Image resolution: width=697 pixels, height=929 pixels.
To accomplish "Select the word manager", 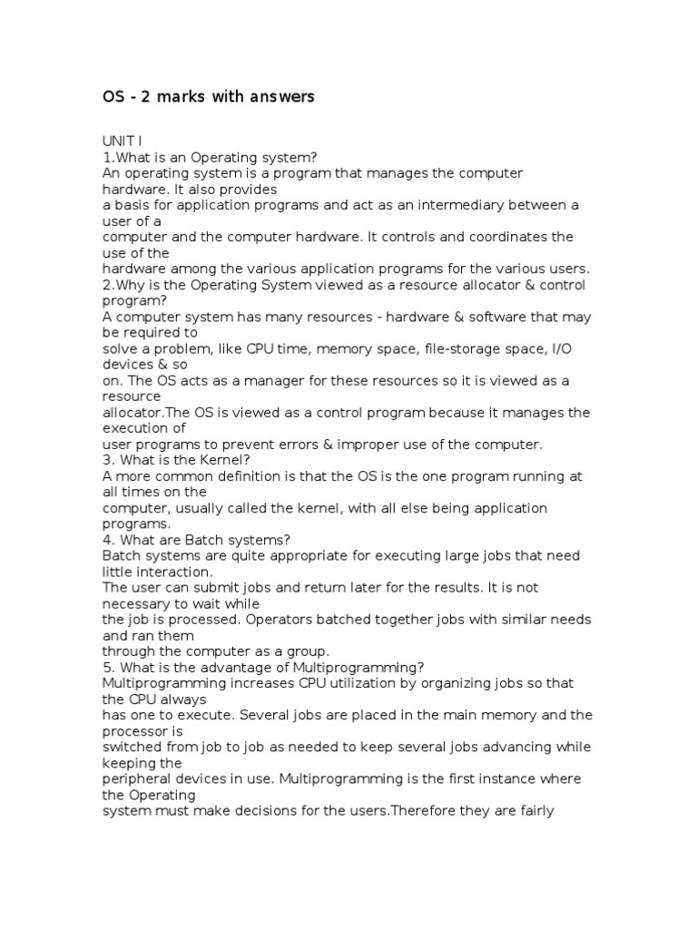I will (x=245, y=381).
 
